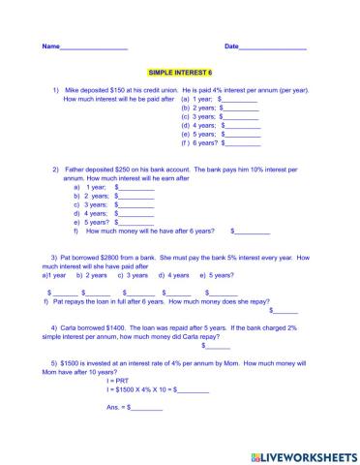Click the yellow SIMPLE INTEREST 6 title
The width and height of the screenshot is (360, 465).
[179, 73]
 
